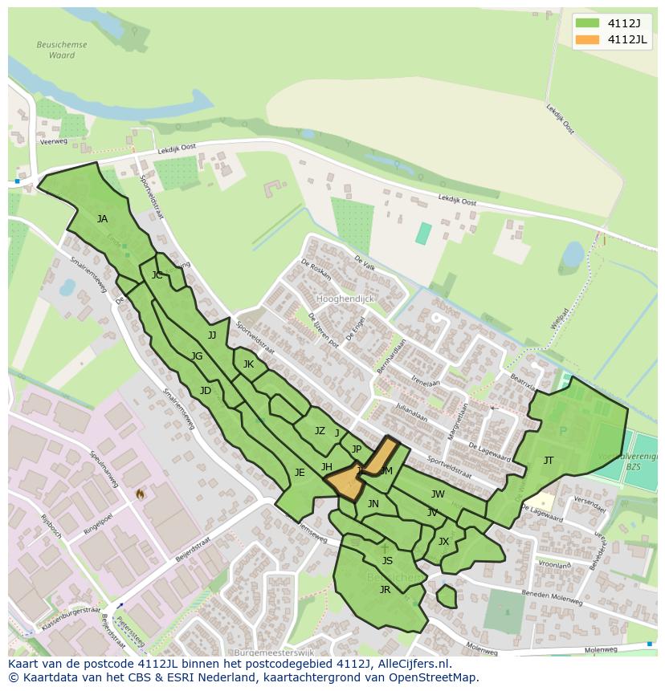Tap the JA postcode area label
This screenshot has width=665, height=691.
tap(102, 218)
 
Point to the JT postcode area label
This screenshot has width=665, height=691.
tap(549, 460)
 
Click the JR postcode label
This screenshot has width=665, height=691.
tap(385, 589)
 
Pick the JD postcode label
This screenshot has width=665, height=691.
tap(206, 391)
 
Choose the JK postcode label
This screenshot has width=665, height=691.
tap(248, 364)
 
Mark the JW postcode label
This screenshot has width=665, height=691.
tap(438, 494)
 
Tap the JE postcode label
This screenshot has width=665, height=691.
tap(300, 472)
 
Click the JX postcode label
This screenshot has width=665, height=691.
tap(443, 542)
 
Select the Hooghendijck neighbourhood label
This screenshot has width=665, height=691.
tap(345, 299)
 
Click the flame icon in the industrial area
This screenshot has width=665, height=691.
tap(141, 494)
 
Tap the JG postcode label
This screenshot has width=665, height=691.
tap(197, 356)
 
